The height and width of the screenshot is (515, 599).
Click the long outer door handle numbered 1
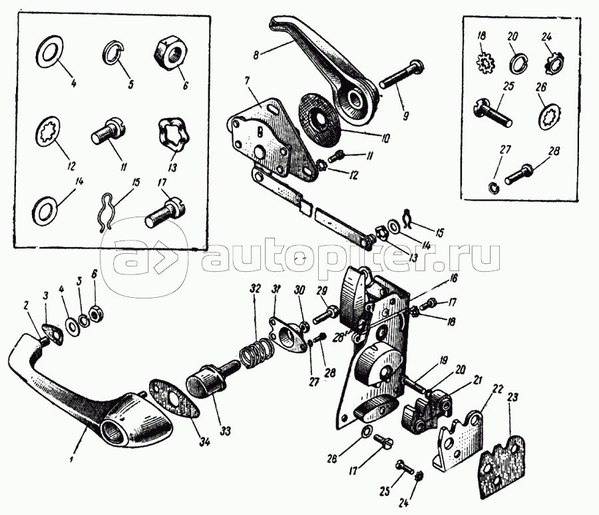80,393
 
